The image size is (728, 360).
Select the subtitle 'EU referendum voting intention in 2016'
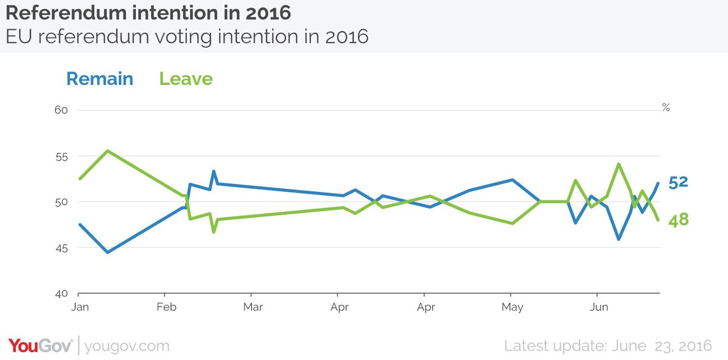click(x=187, y=36)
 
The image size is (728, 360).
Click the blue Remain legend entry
click(x=99, y=79)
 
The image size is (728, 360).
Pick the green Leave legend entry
click(x=186, y=79)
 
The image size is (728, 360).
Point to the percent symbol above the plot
click(x=666, y=108)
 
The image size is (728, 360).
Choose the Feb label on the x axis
click(x=166, y=307)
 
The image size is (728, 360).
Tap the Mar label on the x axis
click(x=253, y=307)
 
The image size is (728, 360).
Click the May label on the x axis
click(x=513, y=307)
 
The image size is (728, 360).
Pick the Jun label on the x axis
click(x=599, y=307)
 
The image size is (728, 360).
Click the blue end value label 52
click(x=678, y=182)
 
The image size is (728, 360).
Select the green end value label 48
click(x=678, y=220)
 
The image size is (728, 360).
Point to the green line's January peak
click(x=107, y=151)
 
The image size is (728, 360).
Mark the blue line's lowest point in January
click(x=107, y=252)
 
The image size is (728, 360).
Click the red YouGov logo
click(x=40, y=346)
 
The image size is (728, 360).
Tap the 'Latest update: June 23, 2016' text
click(x=608, y=346)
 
